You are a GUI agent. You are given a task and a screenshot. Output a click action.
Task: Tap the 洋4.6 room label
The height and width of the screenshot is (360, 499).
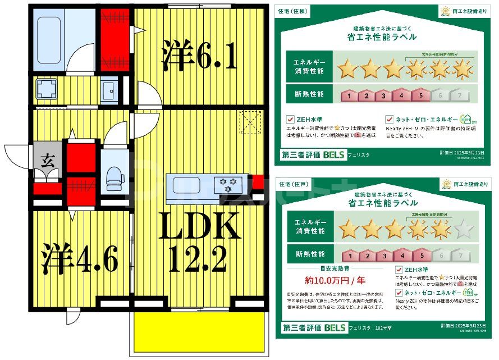[x=80, y=259]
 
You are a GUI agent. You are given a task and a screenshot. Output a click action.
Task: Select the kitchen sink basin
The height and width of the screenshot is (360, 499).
[x=190, y=184]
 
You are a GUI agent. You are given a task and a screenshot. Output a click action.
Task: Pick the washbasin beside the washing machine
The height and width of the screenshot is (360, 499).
[x=109, y=89]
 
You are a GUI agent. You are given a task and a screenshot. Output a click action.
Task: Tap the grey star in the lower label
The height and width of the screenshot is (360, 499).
[x=463, y=229]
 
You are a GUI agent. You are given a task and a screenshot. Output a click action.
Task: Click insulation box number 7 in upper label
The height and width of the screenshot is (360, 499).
[x=460, y=95]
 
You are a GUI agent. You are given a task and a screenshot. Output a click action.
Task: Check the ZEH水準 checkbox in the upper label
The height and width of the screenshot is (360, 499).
[x=290, y=119]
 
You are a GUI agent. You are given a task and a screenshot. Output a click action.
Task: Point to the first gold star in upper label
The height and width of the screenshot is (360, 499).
[x=348, y=69]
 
